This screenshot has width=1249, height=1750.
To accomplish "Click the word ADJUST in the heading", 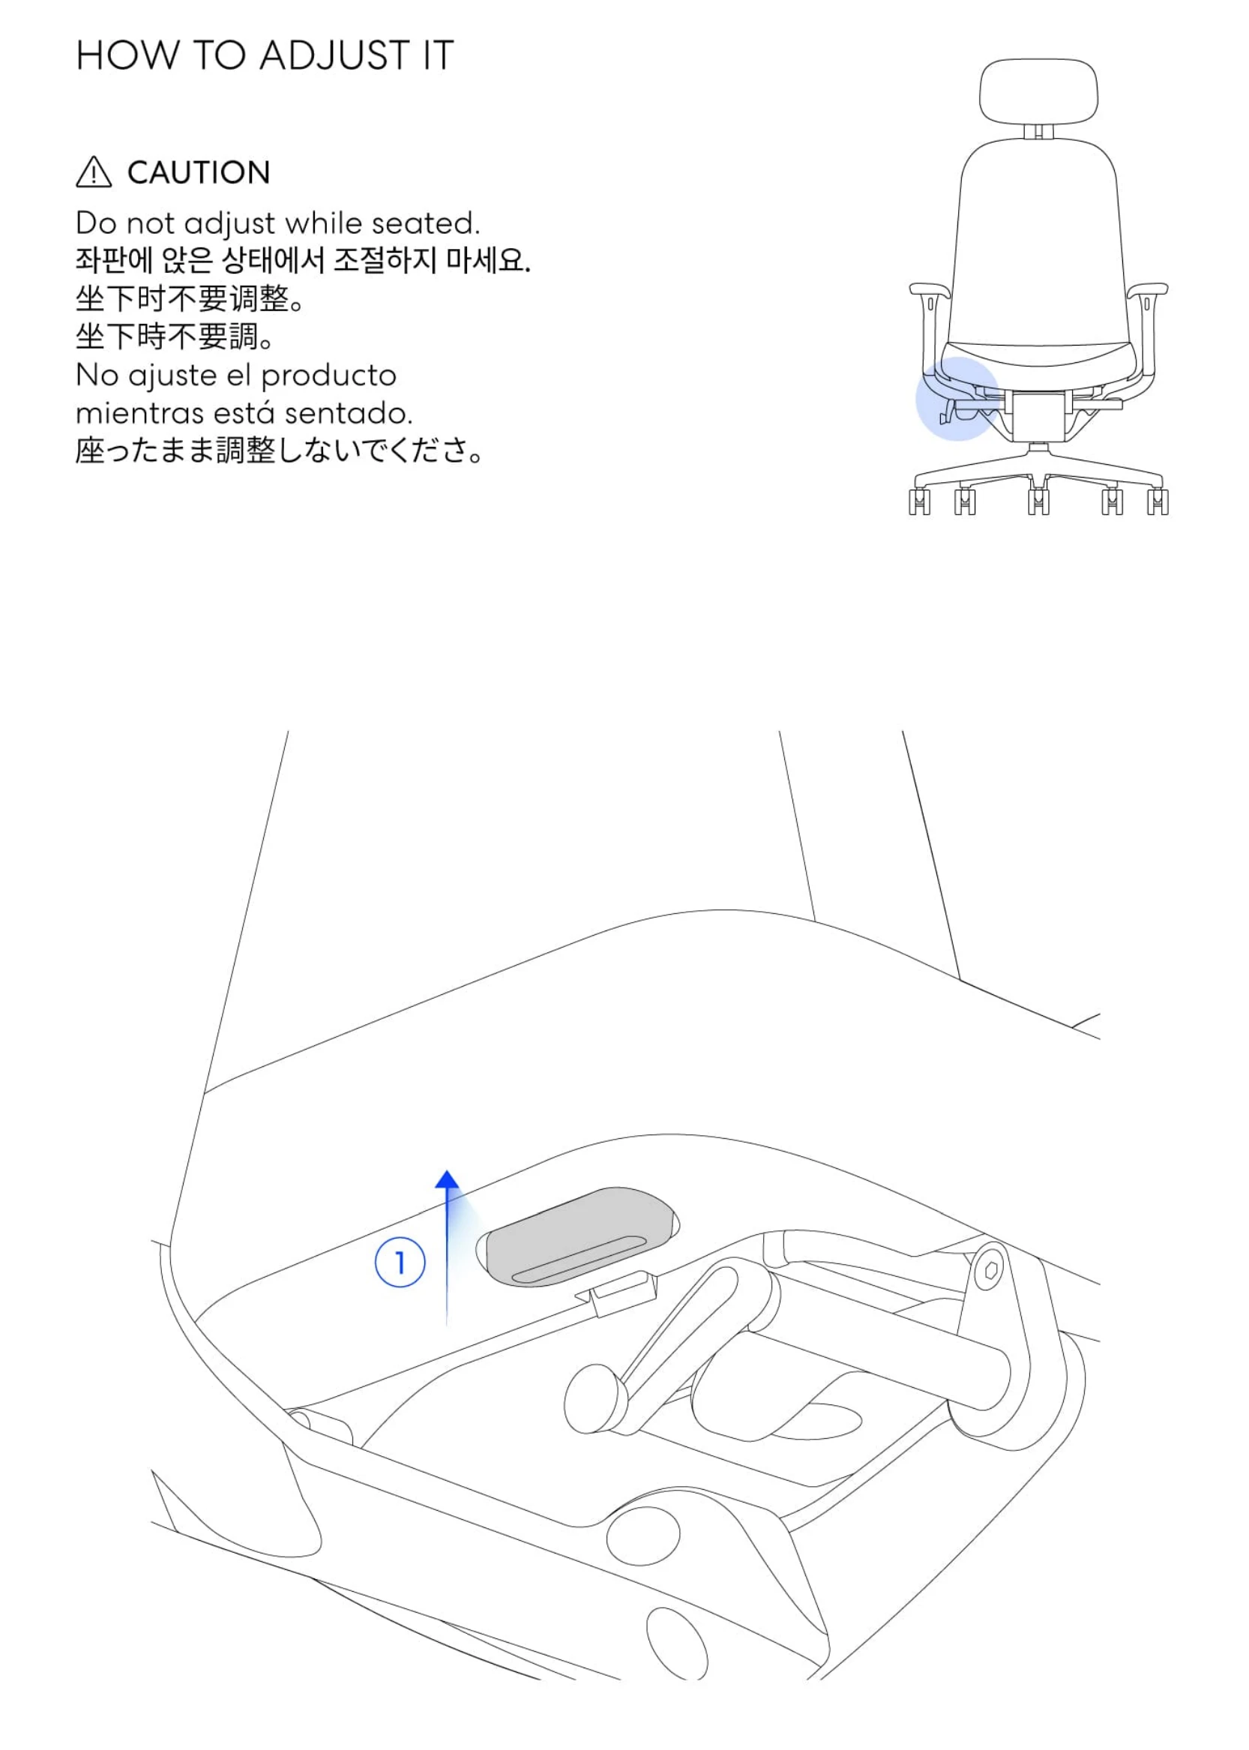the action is point(334,55).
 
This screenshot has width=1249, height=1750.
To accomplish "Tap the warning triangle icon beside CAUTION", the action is point(94,172).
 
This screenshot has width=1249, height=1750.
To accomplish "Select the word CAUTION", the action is point(199,172).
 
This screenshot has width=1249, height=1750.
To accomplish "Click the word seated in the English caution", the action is point(425,223).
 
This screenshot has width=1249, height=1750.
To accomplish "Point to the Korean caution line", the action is point(302,260).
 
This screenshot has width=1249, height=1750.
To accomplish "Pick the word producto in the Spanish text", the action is point(328,376).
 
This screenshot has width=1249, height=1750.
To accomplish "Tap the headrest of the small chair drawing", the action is point(1038,91).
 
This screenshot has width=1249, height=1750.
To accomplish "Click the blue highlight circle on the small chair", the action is point(957,398).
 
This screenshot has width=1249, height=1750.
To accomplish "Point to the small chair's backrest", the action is point(1039,246).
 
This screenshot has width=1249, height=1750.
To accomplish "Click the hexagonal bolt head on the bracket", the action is point(991,1272).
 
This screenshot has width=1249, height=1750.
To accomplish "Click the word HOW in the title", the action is point(127,55).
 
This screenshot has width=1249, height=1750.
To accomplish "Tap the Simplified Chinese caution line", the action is point(190,298).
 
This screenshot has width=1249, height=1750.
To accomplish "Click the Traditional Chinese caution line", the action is point(175,336).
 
